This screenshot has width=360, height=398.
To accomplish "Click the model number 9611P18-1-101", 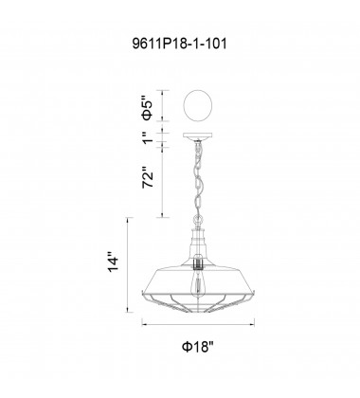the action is pos(179,44).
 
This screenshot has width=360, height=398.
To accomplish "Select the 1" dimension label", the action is pos(148,137).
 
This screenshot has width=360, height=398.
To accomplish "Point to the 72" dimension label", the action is pos(148,177).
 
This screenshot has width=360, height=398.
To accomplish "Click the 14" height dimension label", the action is pos(113,262).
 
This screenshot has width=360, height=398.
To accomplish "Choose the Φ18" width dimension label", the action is pos(198,347).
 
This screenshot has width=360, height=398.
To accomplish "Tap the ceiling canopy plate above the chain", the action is pos(198,136).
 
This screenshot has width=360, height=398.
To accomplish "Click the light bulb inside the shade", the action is pos(198,283).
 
